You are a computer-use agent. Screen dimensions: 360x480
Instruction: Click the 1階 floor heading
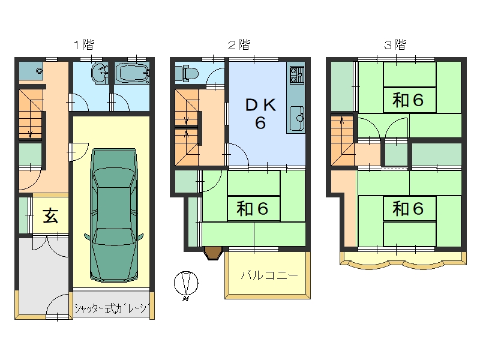coord(83,44)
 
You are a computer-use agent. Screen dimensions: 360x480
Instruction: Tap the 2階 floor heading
coord(239,44)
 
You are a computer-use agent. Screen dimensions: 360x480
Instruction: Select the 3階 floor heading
coord(395,44)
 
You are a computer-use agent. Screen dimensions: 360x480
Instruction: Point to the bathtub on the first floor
coord(131,75)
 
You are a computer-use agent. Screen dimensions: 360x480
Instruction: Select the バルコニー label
coord(269,275)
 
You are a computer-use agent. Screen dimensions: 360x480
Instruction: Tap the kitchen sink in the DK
coord(296,118)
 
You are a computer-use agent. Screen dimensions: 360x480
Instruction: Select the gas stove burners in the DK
coord(296,76)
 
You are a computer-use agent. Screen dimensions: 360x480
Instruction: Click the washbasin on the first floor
coord(98,74)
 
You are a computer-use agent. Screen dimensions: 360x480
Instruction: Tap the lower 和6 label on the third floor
coord(409,208)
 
